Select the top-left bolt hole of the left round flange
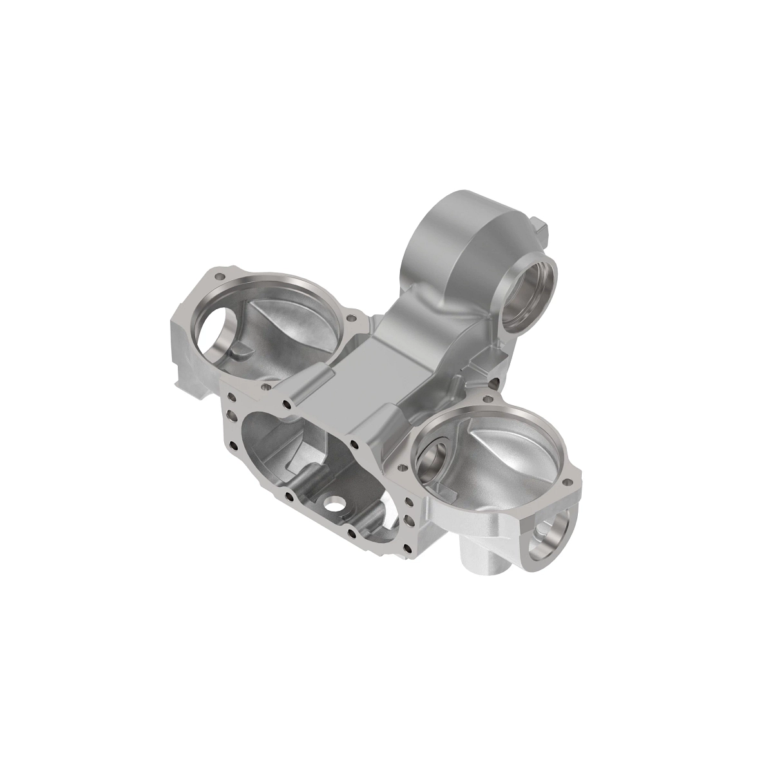point(221,276)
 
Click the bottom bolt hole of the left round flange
point(265,388)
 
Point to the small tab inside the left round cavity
point(240,348)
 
